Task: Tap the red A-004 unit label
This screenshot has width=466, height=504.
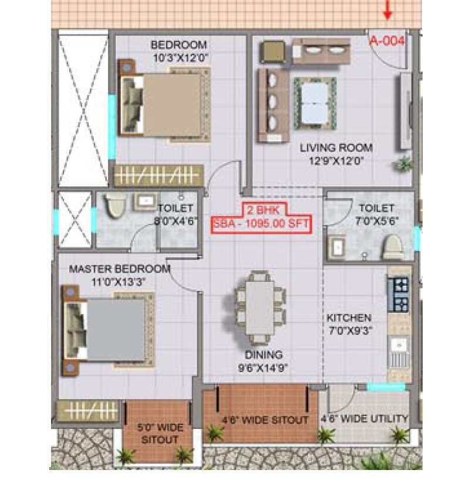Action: [x=387, y=41]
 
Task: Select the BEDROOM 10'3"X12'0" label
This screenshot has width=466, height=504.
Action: [x=179, y=51]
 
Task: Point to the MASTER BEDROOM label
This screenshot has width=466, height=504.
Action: [x=120, y=275]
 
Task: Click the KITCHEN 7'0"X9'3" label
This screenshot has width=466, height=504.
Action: [x=349, y=323]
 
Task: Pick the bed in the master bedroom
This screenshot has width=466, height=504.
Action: [x=109, y=330]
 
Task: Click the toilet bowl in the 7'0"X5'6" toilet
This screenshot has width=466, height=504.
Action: [x=391, y=248]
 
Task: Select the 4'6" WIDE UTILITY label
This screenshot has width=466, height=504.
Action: [x=364, y=419]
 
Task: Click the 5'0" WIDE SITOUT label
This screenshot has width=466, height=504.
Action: [x=158, y=433]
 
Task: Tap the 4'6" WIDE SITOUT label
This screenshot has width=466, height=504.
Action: [x=265, y=420]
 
